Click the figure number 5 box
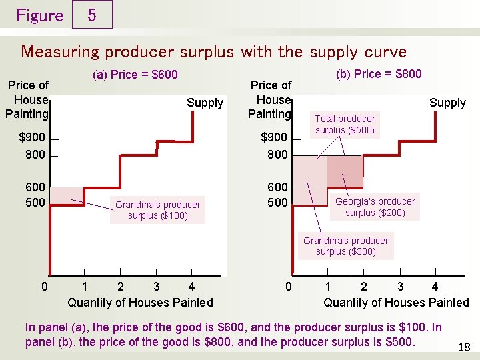pyautogui.click(x=91, y=15)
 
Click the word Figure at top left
pyautogui.click(x=39, y=15)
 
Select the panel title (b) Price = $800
pyautogui.click(x=379, y=73)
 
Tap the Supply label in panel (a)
pyautogui.click(x=205, y=103)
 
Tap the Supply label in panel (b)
pyautogui.click(x=447, y=103)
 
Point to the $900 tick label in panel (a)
pyautogui.click(x=32, y=138)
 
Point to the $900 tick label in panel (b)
pyautogui.click(x=274, y=138)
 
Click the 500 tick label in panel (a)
pyautogui.click(x=35, y=202)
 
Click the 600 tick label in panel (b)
pyautogui.click(x=277, y=187)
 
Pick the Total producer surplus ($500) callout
pyautogui.click(x=345, y=124)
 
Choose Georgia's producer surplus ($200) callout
pyautogui.click(x=375, y=207)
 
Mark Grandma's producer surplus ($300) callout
pyautogui.click(x=345, y=245)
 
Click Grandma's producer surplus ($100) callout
pyautogui.click(x=157, y=209)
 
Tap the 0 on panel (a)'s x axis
pyautogui.click(x=44, y=287)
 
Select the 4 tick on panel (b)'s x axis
pyautogui.click(x=435, y=287)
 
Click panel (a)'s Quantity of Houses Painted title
pyautogui.click(x=140, y=303)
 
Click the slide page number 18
pyautogui.click(x=465, y=347)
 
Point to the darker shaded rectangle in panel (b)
pyautogui.click(x=345, y=171)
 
